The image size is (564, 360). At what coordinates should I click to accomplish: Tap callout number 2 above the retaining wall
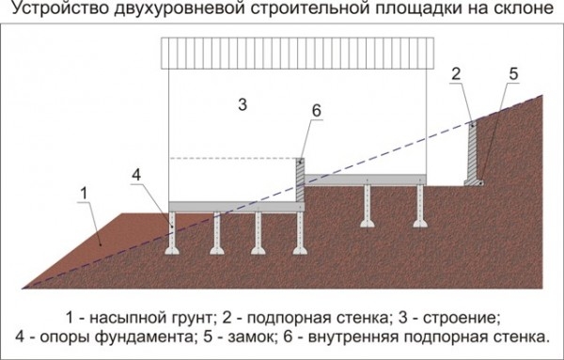[456, 73]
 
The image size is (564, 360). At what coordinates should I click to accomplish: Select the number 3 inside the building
[243, 105]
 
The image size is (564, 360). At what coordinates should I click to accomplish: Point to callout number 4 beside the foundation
[136, 175]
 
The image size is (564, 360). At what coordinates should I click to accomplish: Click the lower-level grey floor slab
[235, 205]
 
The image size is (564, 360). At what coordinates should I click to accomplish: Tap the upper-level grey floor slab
[367, 179]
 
